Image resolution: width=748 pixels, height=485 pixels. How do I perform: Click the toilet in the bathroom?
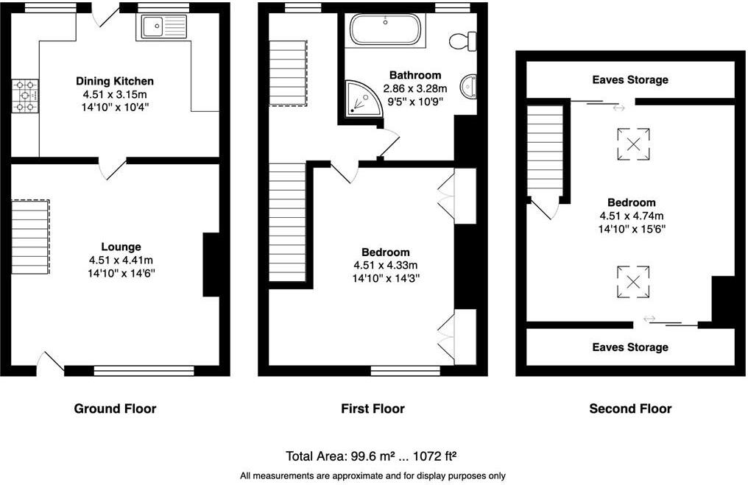point(464,40)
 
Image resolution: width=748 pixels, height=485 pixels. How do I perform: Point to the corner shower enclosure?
point(359,99)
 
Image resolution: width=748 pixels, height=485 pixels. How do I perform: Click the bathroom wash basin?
point(468,87)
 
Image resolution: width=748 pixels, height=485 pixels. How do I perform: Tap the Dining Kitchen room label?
point(115,81)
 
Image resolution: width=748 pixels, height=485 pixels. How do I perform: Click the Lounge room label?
point(121,247)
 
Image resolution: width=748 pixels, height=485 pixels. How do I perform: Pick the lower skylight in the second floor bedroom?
point(632,282)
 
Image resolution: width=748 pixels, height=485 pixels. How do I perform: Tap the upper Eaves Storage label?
point(630,79)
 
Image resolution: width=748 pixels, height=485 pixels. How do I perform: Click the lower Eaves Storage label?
point(630,347)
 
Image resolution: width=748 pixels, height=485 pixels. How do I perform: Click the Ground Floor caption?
point(115,408)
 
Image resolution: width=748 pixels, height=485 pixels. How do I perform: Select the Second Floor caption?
point(630,408)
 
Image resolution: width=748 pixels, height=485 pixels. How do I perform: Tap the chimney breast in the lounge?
point(211,265)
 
